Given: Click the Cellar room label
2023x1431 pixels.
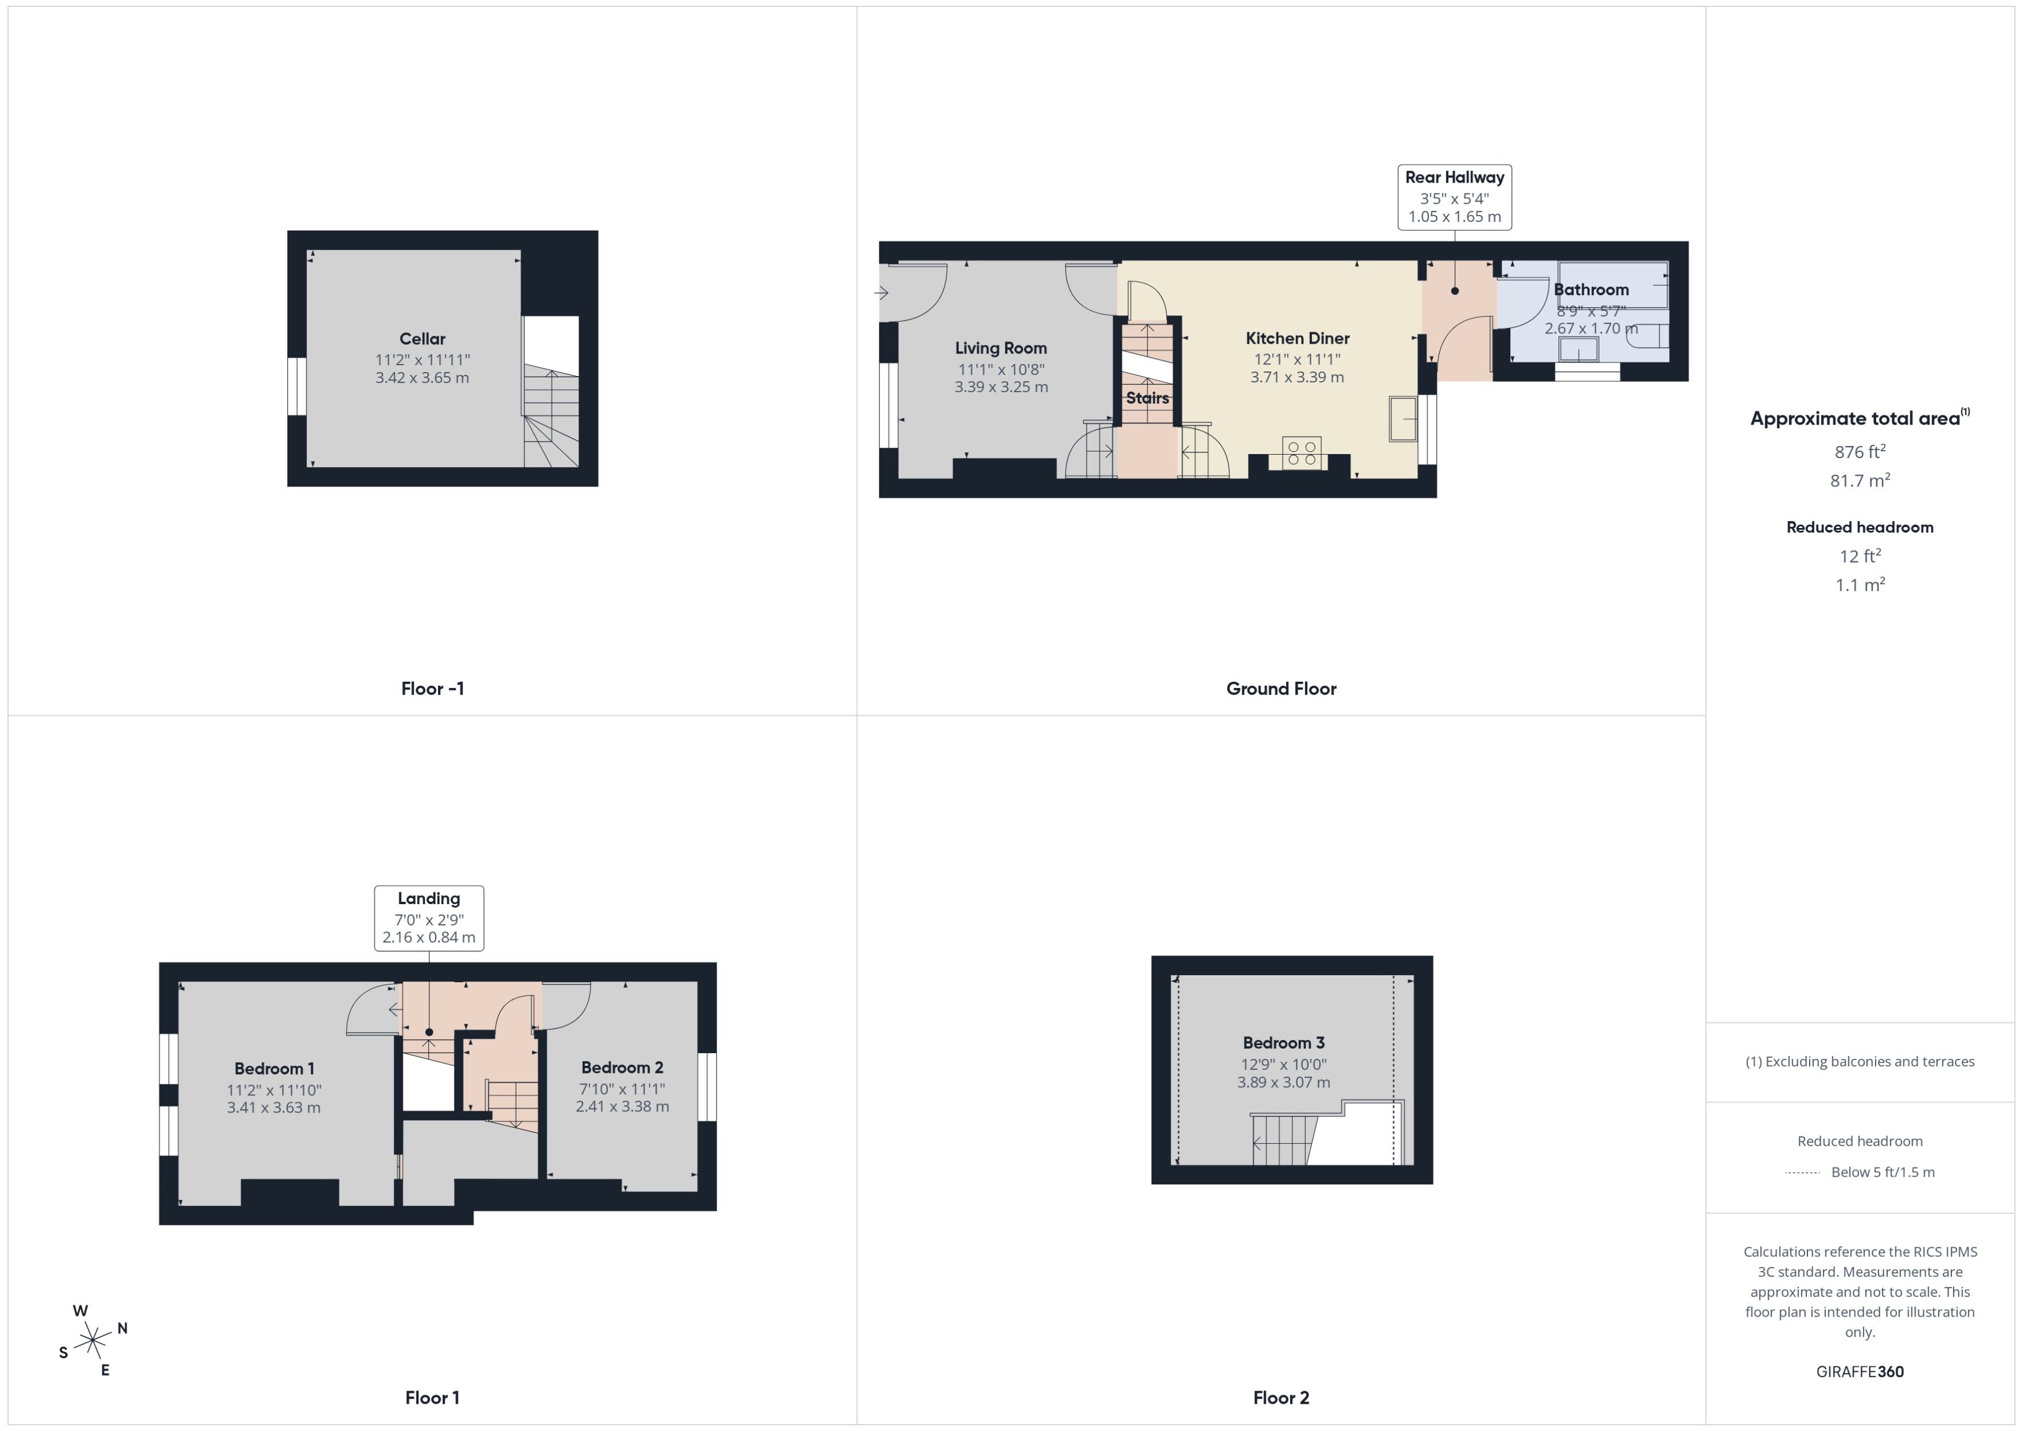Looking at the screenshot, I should point(423,339).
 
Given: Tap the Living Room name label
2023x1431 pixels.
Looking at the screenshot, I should point(1001,348).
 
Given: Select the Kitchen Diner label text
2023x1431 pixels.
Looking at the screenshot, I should point(1296,339).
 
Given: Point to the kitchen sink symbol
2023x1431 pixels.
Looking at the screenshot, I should point(1402,418).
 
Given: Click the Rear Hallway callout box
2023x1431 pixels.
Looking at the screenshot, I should point(1454,198).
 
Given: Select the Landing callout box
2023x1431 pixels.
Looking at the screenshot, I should point(429,918).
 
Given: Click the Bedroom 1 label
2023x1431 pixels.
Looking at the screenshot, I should point(274,1069).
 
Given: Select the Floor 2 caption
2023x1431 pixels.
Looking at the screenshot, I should point(1281,1397).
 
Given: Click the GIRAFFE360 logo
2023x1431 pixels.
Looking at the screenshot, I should point(1860,1372).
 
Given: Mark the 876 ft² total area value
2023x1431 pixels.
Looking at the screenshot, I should point(1860,452).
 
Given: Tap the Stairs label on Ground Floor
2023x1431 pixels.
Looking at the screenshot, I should point(1147,398).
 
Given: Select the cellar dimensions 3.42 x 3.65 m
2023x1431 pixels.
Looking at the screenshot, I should point(423,378).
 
